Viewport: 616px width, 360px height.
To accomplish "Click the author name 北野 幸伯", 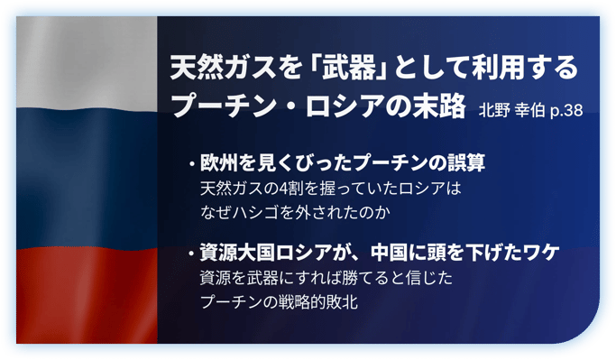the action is pyautogui.click(x=511, y=110).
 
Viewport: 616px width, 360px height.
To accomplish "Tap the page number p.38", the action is pyautogui.click(x=566, y=111).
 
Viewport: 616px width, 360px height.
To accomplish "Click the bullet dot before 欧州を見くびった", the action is pyautogui.click(x=192, y=164).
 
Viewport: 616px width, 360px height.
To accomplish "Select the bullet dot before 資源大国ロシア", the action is pyautogui.click(x=192, y=254).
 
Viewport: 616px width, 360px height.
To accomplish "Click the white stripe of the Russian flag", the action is pyautogui.click(x=87, y=63).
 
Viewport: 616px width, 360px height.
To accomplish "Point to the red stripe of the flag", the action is pyautogui.click(x=87, y=296).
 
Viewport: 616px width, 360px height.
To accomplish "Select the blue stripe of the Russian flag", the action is pyautogui.click(x=87, y=179).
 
